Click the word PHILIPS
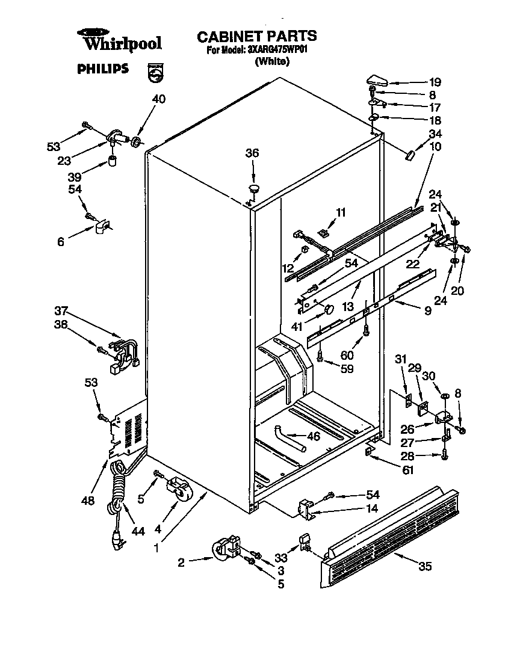(x=103, y=69)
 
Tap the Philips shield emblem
(x=155, y=72)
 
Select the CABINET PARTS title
(x=257, y=37)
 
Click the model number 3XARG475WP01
(x=277, y=51)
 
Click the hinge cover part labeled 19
(x=379, y=79)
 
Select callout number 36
(x=252, y=153)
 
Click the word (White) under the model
(x=273, y=61)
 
